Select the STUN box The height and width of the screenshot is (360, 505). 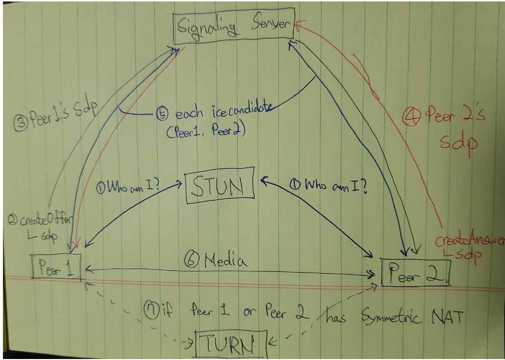click(220, 186)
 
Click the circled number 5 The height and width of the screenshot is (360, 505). click(161, 115)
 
